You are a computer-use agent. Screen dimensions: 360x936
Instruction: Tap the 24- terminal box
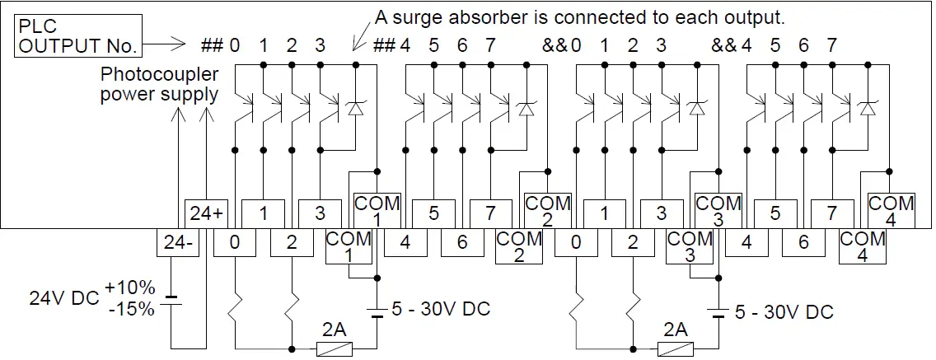(x=178, y=242)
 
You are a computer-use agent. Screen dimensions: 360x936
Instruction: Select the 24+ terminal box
(x=206, y=213)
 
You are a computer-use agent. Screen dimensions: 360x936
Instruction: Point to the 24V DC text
(x=63, y=298)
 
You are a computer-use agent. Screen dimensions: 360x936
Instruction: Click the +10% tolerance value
(x=129, y=288)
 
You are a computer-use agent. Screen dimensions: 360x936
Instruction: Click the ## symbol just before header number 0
(x=213, y=45)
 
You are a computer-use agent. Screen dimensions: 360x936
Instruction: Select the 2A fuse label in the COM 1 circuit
(x=334, y=330)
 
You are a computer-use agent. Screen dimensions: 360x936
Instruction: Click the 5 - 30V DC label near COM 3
(x=784, y=312)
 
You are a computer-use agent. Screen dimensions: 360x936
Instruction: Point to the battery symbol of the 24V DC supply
(x=171, y=301)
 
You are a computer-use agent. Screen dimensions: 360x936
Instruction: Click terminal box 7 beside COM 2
(x=490, y=213)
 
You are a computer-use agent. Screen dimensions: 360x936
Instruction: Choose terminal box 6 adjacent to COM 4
(x=803, y=242)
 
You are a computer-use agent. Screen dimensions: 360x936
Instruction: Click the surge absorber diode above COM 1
(x=356, y=107)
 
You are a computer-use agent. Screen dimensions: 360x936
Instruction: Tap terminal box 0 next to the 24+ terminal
(x=235, y=242)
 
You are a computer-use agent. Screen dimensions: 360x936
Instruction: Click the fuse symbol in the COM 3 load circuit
(x=675, y=349)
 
